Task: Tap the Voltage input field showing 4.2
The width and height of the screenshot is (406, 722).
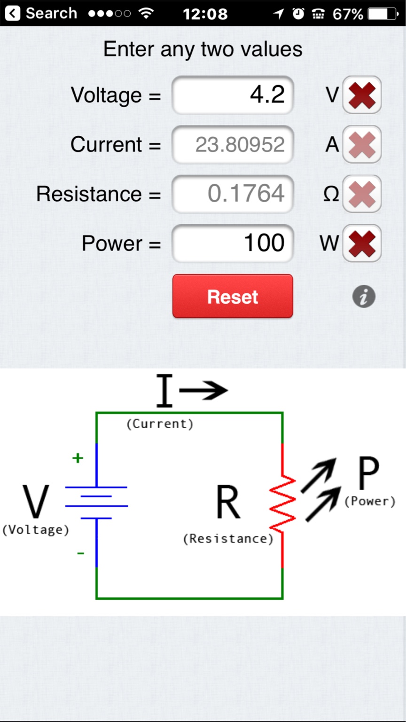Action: point(233,95)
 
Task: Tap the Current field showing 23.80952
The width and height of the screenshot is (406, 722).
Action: point(233,145)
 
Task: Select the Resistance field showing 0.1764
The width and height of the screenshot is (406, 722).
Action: point(233,194)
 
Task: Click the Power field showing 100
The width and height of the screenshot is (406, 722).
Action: point(233,243)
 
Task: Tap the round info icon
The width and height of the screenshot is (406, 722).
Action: point(364,297)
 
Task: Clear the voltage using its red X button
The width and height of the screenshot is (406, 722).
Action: point(361,95)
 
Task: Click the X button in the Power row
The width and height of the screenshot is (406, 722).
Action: point(361,243)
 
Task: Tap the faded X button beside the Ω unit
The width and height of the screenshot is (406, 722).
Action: point(361,194)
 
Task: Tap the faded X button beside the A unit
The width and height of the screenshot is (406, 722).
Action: point(361,145)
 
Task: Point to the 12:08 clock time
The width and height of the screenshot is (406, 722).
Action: point(205,14)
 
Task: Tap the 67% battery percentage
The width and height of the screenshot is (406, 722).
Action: point(348,14)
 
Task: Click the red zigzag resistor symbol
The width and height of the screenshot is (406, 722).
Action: point(282,505)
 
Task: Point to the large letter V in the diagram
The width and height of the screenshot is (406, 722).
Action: point(36,502)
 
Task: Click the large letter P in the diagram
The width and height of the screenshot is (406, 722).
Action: point(368,474)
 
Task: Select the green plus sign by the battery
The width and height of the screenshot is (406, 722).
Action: point(78,458)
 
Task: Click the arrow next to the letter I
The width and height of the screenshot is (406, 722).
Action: point(204,390)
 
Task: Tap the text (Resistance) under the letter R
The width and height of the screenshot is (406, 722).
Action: point(228,539)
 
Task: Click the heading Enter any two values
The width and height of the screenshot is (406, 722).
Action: point(203,49)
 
